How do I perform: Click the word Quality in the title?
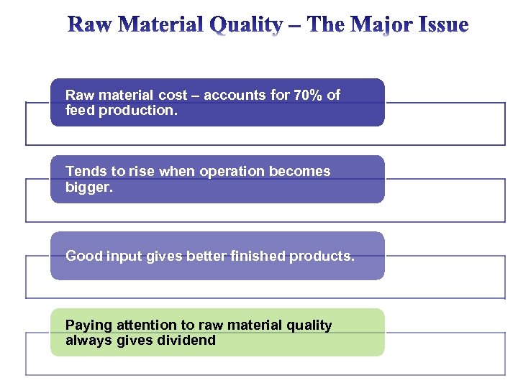click(x=246, y=26)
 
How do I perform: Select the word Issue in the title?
click(x=442, y=26)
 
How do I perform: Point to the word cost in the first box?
click(x=171, y=95)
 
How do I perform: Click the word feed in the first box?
click(x=80, y=111)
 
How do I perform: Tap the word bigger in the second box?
click(x=88, y=187)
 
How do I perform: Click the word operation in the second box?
click(x=230, y=171)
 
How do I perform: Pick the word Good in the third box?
click(x=82, y=256)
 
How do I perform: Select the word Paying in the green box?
click(x=86, y=325)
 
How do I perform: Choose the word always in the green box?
click(x=87, y=341)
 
